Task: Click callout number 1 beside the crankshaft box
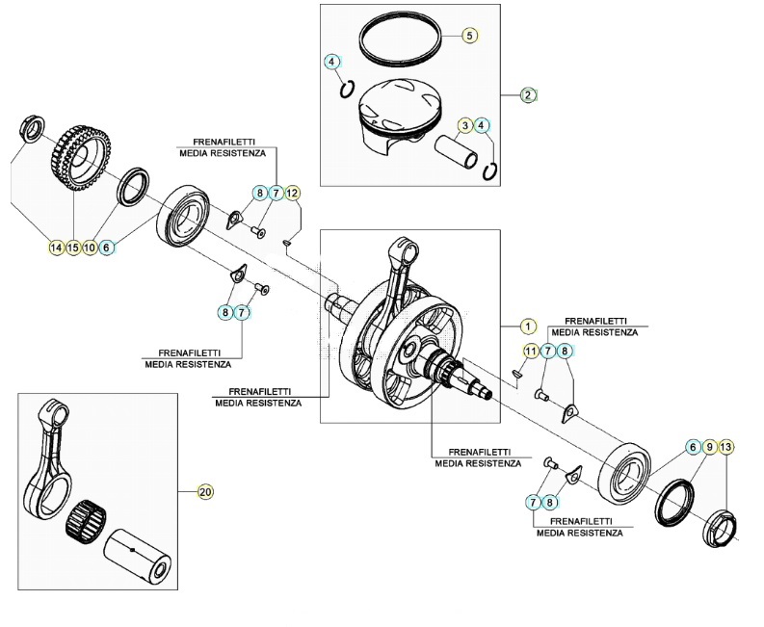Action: tap(527, 326)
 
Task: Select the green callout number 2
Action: tap(528, 94)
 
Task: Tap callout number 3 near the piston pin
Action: tap(464, 125)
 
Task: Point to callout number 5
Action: tap(469, 35)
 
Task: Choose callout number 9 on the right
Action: tap(709, 447)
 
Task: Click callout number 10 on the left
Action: tap(90, 247)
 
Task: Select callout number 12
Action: tap(293, 193)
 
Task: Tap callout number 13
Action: tap(726, 447)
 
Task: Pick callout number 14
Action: tap(55, 247)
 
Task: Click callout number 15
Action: tap(72, 247)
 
